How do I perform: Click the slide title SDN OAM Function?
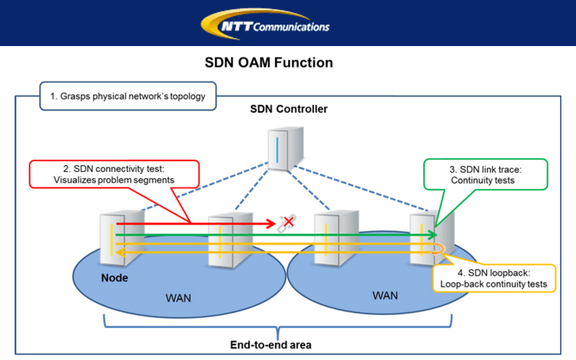269,63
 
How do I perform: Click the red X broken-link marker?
289,223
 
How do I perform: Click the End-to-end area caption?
268,345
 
